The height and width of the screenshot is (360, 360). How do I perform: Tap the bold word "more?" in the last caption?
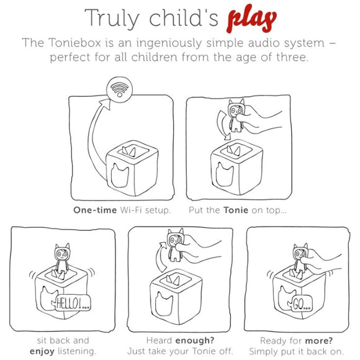(x=320, y=341)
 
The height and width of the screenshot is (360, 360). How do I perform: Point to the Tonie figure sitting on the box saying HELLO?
(x=61, y=259)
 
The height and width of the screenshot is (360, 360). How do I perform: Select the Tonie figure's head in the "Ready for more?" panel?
(x=301, y=253)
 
